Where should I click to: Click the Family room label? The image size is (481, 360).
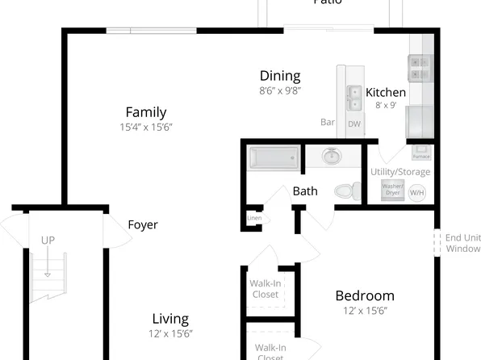click(x=146, y=112)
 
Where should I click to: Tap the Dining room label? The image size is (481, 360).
click(x=280, y=76)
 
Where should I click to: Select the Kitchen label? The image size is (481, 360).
click(x=386, y=92)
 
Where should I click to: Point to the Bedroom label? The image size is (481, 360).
click(x=365, y=295)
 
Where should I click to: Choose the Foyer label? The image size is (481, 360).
click(x=143, y=224)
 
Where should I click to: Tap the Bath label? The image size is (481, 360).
click(x=305, y=191)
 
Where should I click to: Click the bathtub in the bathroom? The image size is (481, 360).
click(x=274, y=157)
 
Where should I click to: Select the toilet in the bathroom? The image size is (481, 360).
click(x=348, y=190)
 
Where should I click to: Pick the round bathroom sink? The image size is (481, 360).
click(x=332, y=156)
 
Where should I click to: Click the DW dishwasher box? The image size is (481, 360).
click(x=354, y=124)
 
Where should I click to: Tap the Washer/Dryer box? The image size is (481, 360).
click(x=392, y=190)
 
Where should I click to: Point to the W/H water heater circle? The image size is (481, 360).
click(x=417, y=193)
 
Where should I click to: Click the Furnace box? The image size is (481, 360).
click(x=421, y=152)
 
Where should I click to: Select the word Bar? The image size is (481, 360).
click(x=328, y=123)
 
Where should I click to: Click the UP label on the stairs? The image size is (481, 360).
click(x=48, y=241)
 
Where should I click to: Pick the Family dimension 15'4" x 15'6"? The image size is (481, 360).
click(x=146, y=128)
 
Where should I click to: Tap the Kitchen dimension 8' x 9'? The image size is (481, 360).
click(x=386, y=105)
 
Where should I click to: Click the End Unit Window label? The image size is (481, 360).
click(x=463, y=243)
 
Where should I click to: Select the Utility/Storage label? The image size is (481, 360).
click(x=400, y=172)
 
